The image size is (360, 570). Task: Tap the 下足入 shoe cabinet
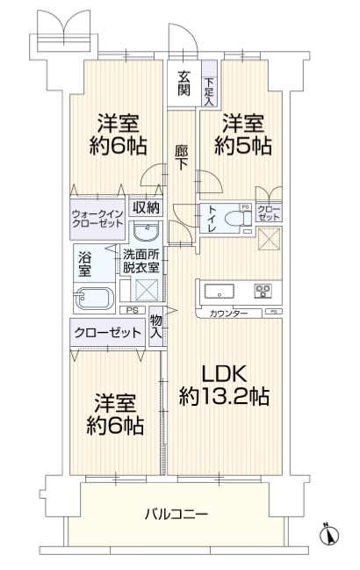tap(209, 83)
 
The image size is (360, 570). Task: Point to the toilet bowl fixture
tap(238, 219)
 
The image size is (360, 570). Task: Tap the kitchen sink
tap(219, 292)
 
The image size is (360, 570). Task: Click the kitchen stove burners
tap(263, 291)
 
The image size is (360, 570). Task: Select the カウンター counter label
tap(227, 314)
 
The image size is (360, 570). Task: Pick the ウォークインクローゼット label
tap(97, 218)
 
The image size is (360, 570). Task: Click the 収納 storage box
tap(146, 207)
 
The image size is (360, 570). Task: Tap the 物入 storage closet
tap(155, 327)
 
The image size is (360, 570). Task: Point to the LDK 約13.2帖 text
tap(224, 385)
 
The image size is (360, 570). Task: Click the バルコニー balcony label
tap(176, 514)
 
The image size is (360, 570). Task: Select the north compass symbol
tap(329, 534)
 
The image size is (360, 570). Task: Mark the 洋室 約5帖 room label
tap(243, 134)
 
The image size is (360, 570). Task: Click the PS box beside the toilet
tap(246, 207)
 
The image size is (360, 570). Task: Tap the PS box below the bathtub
tap(133, 310)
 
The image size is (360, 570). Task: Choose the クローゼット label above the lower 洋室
tap(107, 332)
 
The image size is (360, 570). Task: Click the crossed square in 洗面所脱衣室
tap(147, 290)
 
